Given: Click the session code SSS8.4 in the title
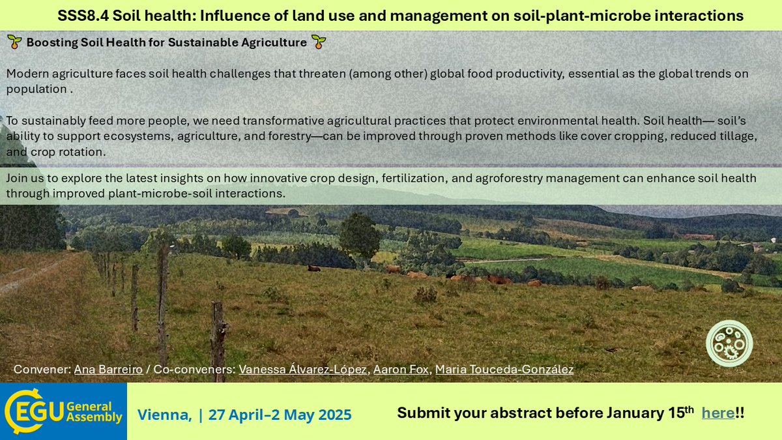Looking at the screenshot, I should [x=83, y=16].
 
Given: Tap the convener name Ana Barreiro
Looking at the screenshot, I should [x=108, y=370].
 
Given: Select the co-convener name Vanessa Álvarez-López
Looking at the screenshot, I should [x=302, y=370].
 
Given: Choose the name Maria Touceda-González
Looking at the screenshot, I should [x=504, y=370].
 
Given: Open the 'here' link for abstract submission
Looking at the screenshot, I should [x=717, y=413].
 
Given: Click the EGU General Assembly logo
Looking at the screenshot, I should [x=63, y=411].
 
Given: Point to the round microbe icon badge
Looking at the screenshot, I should [x=729, y=343].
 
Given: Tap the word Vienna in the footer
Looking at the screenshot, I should [x=164, y=415].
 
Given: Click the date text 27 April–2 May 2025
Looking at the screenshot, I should [x=280, y=415].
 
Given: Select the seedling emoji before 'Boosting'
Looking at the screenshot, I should [x=14, y=43].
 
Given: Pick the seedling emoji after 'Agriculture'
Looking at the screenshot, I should [x=319, y=43].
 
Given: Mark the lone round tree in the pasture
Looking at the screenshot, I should [x=359, y=235].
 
